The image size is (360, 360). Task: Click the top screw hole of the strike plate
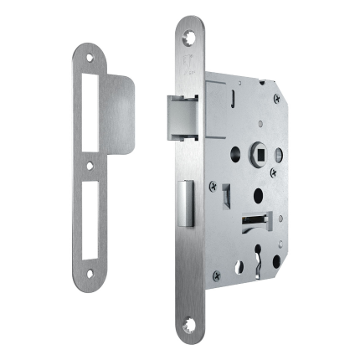90,57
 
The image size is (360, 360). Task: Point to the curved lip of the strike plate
121,113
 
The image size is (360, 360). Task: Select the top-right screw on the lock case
278,98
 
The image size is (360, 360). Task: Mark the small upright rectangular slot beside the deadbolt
224,194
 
